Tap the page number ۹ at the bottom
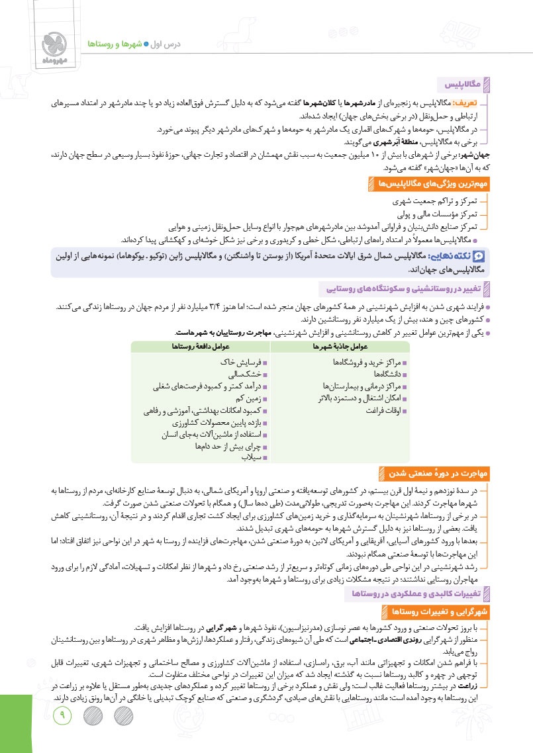pyautogui.click(x=64, y=714)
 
